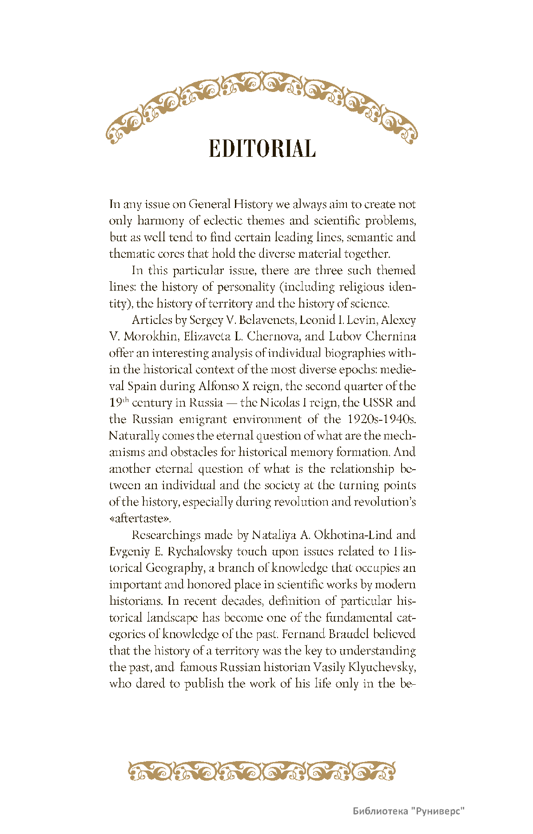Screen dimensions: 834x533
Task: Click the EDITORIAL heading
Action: point(262,148)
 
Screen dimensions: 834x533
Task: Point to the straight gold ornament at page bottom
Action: point(262,771)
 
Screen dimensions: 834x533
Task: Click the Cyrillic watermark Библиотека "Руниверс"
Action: point(409,811)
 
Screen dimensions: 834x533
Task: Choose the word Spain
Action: point(142,386)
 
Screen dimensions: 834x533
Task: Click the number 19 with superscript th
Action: point(119,403)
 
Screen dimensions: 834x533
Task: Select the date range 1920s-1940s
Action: point(382,419)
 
